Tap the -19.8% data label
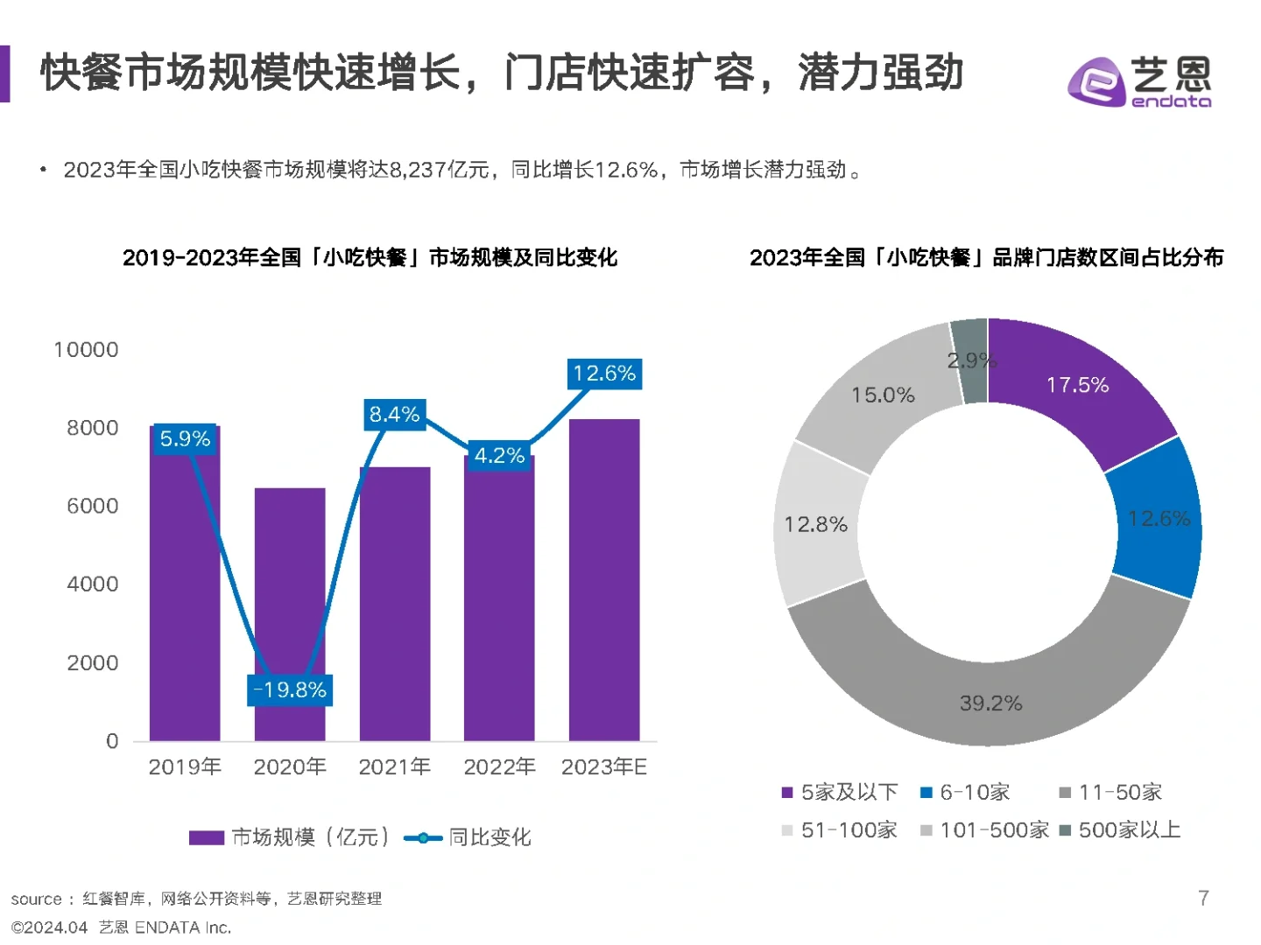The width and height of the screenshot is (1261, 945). pyautogui.click(x=290, y=689)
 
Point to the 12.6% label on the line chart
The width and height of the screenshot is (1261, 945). pyautogui.click(x=604, y=374)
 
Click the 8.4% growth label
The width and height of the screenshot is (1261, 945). pyautogui.click(x=394, y=414)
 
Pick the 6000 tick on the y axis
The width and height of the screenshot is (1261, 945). pyautogui.click(x=92, y=506)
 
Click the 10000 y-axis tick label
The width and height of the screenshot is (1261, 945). pyautogui.click(x=86, y=350)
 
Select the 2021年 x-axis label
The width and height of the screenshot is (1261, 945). pyautogui.click(x=394, y=767)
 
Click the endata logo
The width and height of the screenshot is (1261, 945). pyautogui.click(x=1139, y=81)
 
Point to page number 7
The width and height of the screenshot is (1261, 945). pyautogui.click(x=1203, y=898)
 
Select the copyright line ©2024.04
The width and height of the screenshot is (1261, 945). pyautogui.click(x=50, y=927)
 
